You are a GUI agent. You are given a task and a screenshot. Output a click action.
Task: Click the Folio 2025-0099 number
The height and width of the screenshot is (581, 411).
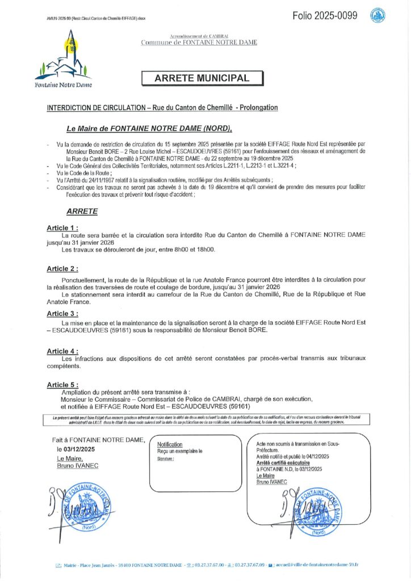click(x=325, y=16)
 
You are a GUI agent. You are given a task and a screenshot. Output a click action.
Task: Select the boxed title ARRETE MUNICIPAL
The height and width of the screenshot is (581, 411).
click(x=202, y=78)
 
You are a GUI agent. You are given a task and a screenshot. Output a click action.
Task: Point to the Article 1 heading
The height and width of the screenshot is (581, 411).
click(x=62, y=228)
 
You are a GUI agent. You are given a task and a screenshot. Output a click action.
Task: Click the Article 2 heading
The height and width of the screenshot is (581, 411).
click(x=62, y=268)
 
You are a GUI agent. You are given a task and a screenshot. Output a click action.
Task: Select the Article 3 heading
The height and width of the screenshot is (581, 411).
click(x=62, y=313)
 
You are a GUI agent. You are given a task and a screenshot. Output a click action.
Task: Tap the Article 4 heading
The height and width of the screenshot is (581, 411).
click(x=62, y=351)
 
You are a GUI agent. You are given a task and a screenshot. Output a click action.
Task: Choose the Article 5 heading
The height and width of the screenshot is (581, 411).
click(x=62, y=385)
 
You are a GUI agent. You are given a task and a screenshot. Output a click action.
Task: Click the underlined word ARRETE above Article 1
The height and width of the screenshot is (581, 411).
click(x=82, y=211)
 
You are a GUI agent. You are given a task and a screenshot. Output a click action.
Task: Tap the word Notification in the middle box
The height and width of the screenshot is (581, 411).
click(x=170, y=444)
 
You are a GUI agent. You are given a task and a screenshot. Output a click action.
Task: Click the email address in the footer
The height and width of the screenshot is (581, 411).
click(x=317, y=565)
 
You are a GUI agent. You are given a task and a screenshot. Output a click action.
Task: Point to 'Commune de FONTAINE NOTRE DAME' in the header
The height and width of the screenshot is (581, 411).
click(x=199, y=43)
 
